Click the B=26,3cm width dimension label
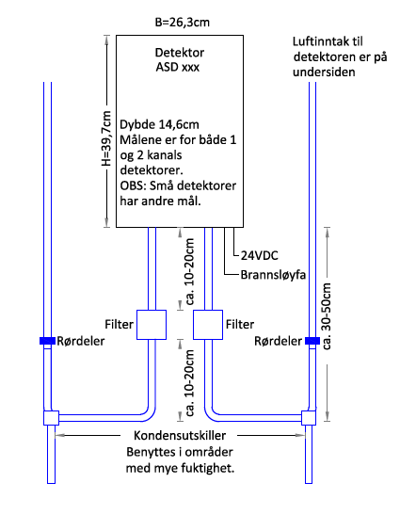point(183,23)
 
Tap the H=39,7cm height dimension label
point(106,138)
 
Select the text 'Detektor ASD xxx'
point(179,59)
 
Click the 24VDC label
point(260,255)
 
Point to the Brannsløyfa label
point(273,275)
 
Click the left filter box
point(152,325)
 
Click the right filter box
point(208,325)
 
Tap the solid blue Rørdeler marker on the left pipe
point(47,341)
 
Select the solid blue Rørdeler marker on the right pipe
point(312,341)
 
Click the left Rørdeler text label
point(81,341)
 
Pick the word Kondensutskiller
point(180,436)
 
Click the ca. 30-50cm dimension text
point(327,316)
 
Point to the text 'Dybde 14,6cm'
point(160,124)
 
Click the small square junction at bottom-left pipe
point(51,418)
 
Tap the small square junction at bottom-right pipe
point(309,418)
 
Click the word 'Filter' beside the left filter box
point(120,325)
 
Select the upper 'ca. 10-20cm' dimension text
point(190,272)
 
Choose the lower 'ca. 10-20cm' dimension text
point(190,383)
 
